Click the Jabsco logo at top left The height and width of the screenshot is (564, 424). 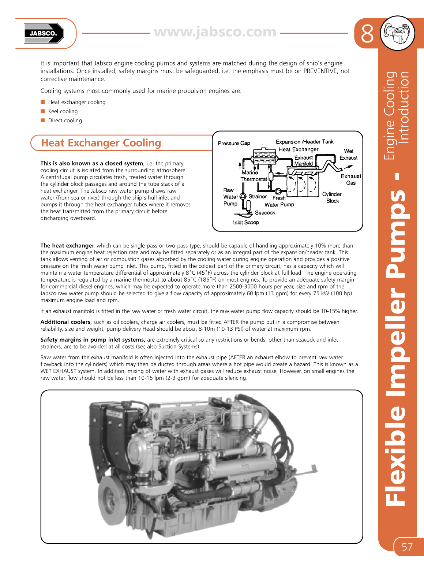pyautogui.click(x=44, y=33)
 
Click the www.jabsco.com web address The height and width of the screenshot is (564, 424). pyautogui.click(x=215, y=32)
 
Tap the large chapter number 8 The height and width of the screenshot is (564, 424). pyautogui.click(x=367, y=34)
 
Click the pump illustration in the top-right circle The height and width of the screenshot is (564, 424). pyautogui.click(x=397, y=33)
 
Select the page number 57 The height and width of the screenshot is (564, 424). pyautogui.click(x=407, y=547)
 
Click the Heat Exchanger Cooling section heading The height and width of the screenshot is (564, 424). pyautogui.click(x=101, y=143)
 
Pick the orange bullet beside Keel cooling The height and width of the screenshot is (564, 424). pyautogui.click(x=43, y=111)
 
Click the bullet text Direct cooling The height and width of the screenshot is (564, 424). pyautogui.click(x=65, y=120)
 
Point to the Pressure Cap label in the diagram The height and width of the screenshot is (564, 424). pyautogui.click(x=234, y=143)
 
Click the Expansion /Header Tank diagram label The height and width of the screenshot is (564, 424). pyautogui.click(x=304, y=142)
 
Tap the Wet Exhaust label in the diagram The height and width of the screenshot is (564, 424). pyautogui.click(x=348, y=154)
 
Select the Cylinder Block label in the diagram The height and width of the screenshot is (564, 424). pyautogui.click(x=332, y=197)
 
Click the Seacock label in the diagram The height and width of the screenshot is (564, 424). pyautogui.click(x=265, y=213)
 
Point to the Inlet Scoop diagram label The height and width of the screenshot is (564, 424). pyautogui.click(x=246, y=223)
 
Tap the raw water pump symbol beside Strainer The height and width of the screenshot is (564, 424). pyautogui.click(x=243, y=196)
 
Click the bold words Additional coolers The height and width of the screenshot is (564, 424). pyautogui.click(x=65, y=322)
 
